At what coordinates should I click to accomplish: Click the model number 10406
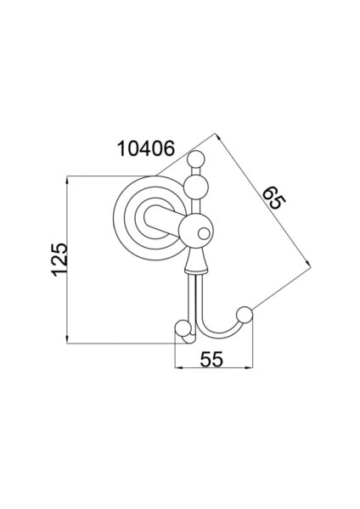[146, 148]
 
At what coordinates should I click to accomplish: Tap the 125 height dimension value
[59, 260]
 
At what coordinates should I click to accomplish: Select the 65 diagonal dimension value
[273, 199]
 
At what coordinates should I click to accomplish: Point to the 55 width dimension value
[211, 359]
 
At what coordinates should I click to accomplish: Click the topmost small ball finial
[197, 159]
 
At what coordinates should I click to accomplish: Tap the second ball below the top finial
[195, 187]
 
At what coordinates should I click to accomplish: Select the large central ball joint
[196, 231]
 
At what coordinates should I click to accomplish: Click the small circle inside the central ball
[205, 234]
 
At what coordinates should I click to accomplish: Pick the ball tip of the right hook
[245, 315]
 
